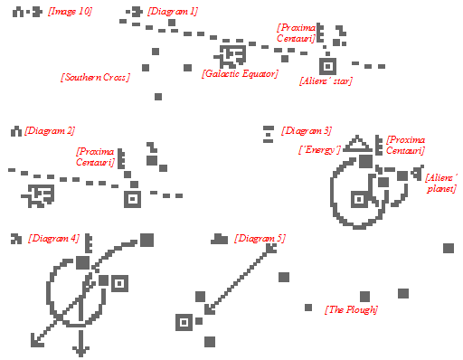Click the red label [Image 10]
(x=70, y=12)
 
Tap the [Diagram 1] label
(x=173, y=12)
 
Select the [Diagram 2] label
(x=50, y=131)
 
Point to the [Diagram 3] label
(x=307, y=131)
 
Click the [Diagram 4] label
(x=54, y=238)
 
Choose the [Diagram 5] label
(x=260, y=238)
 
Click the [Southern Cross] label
(x=95, y=77)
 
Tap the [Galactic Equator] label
(x=240, y=74)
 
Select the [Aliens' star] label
(x=326, y=81)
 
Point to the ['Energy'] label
(x=319, y=149)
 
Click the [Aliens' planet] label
(x=441, y=183)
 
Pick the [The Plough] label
(x=351, y=309)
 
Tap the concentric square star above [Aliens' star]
(x=327, y=66)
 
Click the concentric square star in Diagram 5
(x=184, y=322)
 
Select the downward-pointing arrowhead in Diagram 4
(x=80, y=352)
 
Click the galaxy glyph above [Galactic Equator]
(x=231, y=56)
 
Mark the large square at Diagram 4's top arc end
(x=146, y=240)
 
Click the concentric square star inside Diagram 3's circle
(x=359, y=199)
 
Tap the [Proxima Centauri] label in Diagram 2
(x=95, y=156)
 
